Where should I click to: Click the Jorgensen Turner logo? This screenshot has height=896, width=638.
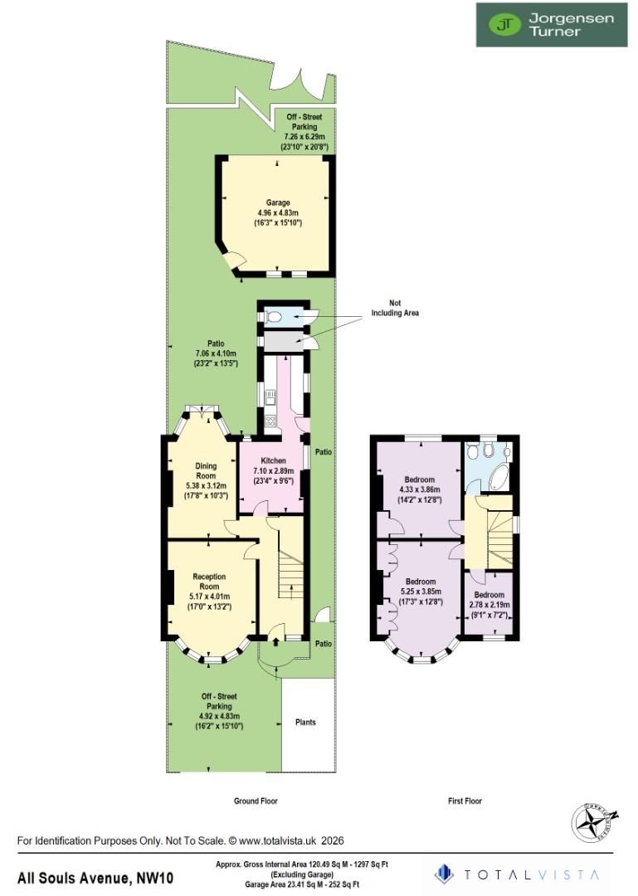pos(551,25)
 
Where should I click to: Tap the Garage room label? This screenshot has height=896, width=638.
pos(277,212)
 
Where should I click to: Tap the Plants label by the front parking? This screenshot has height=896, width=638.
pos(305,723)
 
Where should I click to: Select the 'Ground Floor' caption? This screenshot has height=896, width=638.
pos(255,801)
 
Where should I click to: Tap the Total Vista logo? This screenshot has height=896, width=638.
pos(519,874)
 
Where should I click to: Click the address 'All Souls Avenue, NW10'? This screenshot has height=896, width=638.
pos(95,878)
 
